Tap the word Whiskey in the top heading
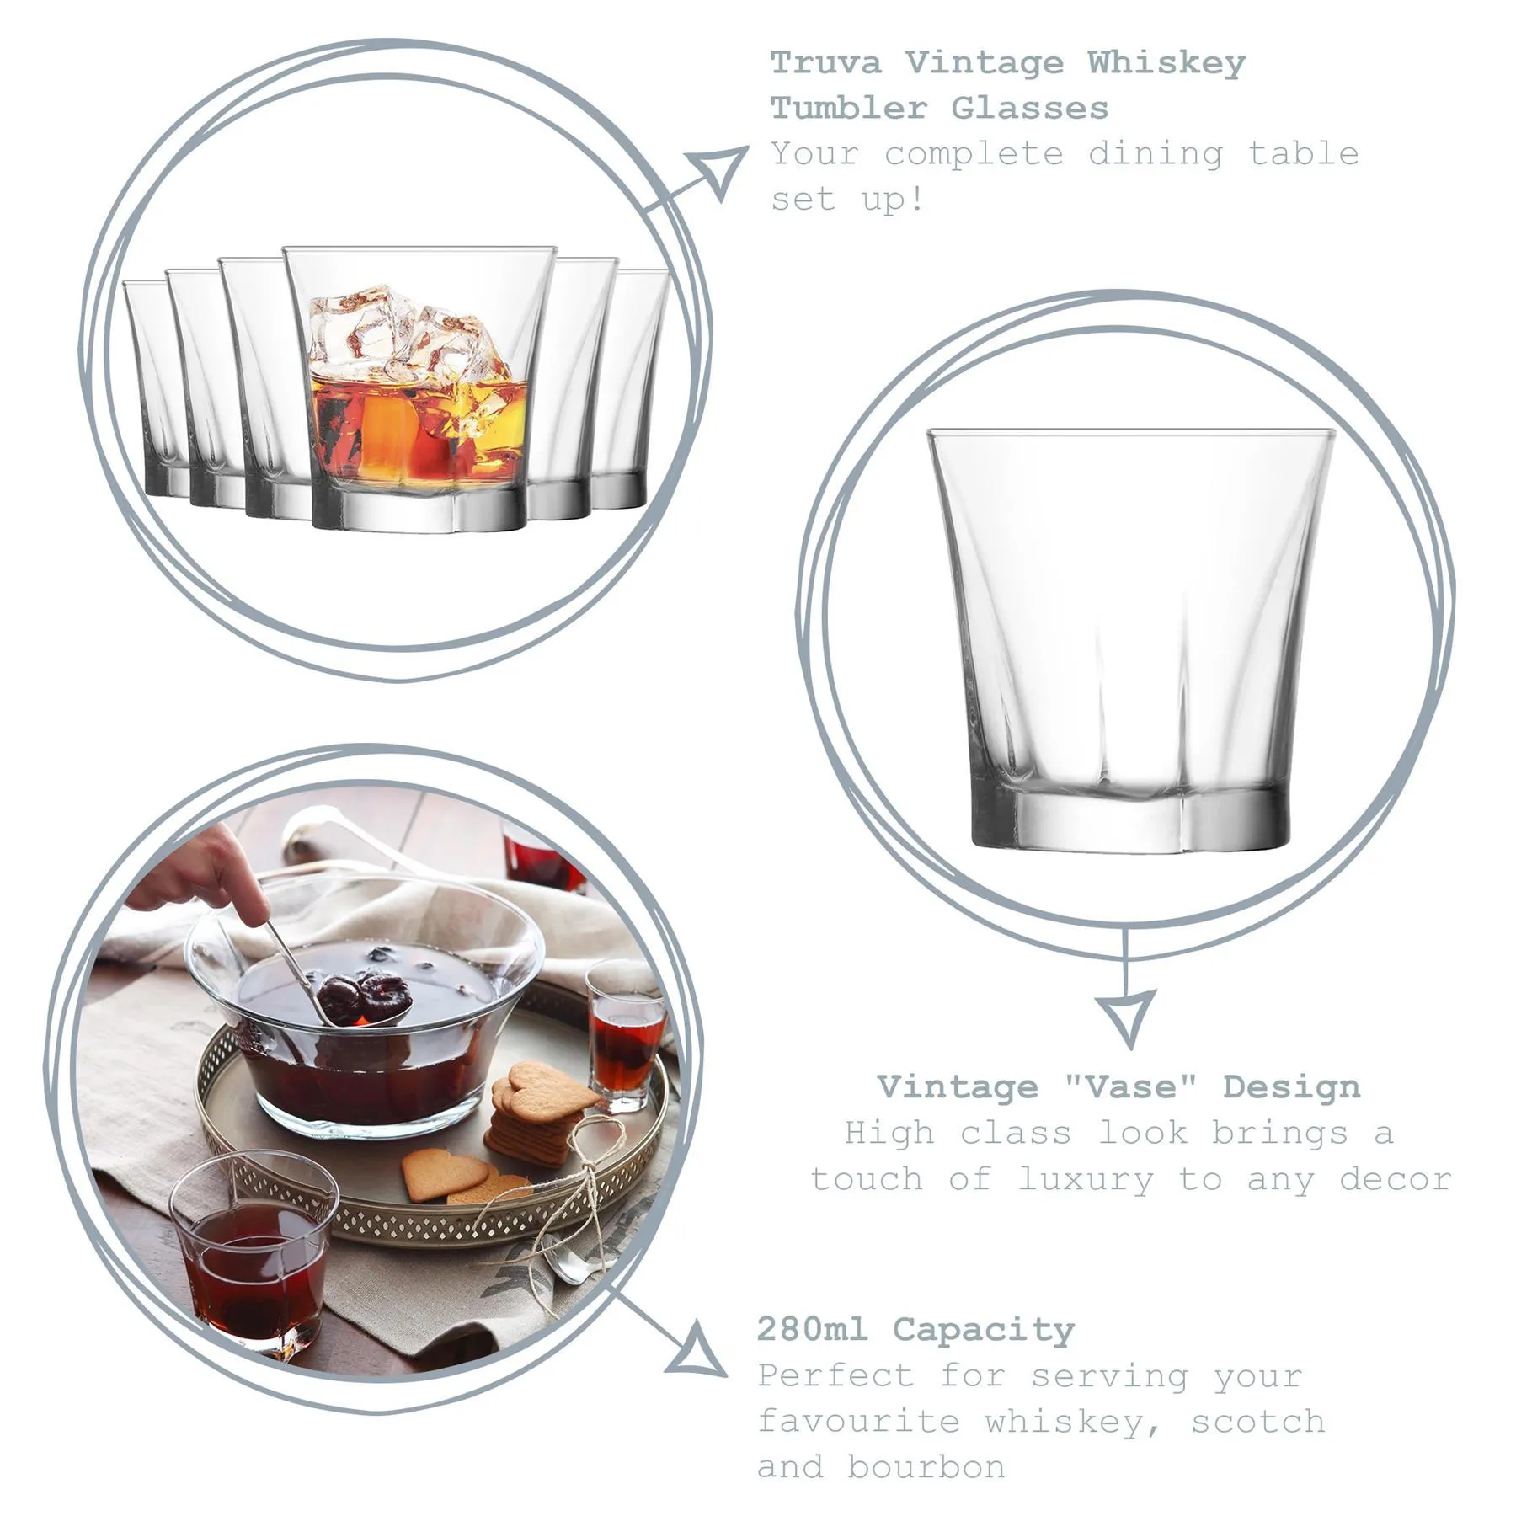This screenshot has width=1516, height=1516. coord(1166,63)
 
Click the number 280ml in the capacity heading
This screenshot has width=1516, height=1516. coord(811,1330)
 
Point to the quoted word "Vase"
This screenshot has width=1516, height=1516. coord(1129,1086)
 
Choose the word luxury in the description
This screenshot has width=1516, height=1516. coord(1086,1180)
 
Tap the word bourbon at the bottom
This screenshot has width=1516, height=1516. coord(926,1467)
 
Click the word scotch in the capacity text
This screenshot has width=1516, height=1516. coord(1258,1422)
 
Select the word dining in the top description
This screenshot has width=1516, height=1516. coord(1155,155)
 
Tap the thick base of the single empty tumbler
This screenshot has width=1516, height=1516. coord(1130,817)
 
